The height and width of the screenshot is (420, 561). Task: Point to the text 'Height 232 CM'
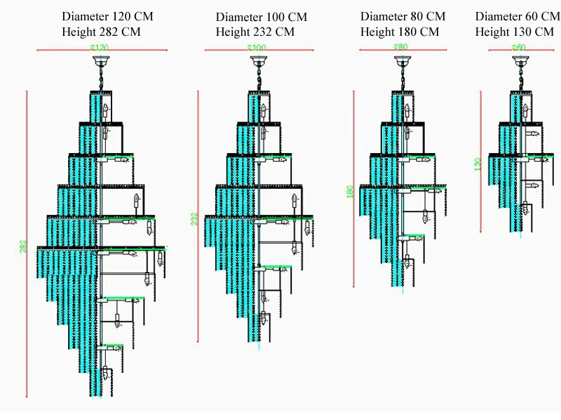click(255, 32)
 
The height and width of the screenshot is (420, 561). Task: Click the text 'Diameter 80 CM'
click(403, 16)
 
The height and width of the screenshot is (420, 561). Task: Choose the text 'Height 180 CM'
click(400, 32)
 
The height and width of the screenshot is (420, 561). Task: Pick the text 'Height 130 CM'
click(514, 32)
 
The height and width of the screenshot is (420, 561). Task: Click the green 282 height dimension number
click(23, 246)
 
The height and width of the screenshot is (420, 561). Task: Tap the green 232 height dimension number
click(194, 219)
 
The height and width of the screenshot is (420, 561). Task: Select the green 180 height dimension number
click(351, 192)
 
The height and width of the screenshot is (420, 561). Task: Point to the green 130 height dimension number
click(477, 165)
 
